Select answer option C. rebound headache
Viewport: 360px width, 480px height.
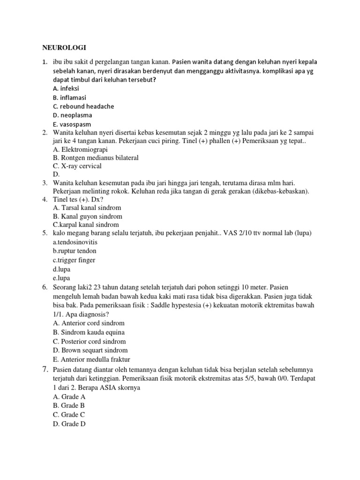83,106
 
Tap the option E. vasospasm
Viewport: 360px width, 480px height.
72,124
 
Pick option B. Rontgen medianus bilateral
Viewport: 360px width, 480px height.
96,157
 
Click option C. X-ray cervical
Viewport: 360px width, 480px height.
77,166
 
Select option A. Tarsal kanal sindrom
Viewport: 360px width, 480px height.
87,208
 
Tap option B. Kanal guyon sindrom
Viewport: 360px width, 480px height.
88,216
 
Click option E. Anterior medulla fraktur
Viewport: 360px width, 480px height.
91,360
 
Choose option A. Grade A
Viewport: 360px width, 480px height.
69,397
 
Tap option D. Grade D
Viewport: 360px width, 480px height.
69,424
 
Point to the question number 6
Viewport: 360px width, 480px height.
45,286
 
